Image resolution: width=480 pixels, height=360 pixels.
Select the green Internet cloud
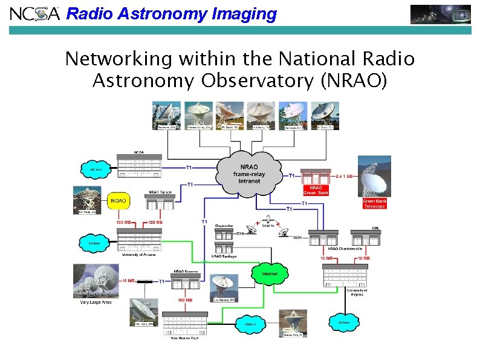[x=270, y=273]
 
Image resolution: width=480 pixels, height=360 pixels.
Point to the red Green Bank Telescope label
[x=374, y=203]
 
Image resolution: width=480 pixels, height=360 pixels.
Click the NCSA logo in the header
[x=34, y=13]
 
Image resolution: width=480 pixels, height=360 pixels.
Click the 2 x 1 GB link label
[x=347, y=175]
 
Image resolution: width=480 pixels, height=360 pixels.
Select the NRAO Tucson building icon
[x=160, y=203]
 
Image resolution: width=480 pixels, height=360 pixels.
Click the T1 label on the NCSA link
[x=189, y=166]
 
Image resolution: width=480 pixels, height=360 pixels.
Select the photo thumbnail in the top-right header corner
[x=441, y=13]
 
